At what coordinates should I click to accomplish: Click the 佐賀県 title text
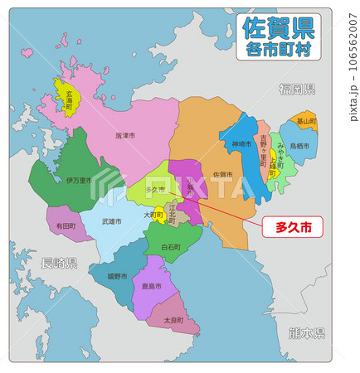[278, 28]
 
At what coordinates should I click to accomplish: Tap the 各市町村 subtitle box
[278, 51]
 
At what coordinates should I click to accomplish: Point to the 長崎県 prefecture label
[59, 263]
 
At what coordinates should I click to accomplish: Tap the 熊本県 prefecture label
[307, 332]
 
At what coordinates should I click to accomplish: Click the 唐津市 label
[126, 135]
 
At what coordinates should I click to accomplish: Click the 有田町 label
[66, 225]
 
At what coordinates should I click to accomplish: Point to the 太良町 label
[173, 320]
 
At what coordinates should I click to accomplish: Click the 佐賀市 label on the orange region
[222, 175]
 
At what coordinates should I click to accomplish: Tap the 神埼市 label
[241, 145]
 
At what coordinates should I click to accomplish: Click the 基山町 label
[306, 120]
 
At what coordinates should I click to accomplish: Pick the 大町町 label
[152, 216]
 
